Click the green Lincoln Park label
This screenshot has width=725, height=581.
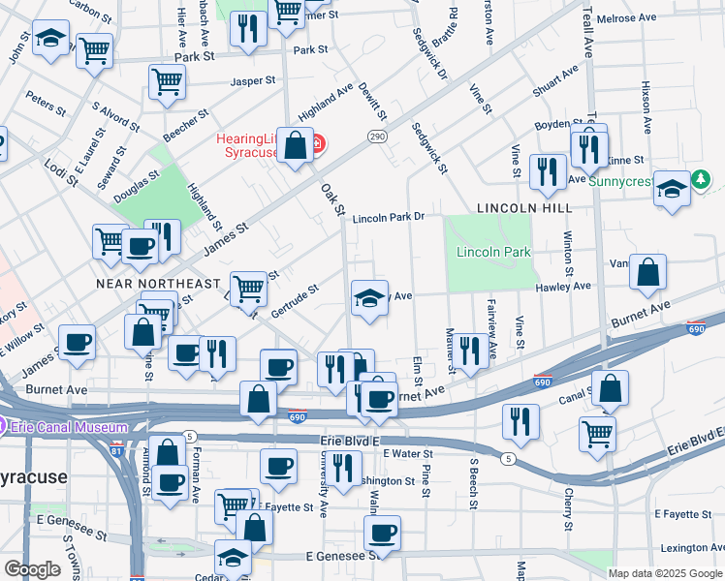tap(493, 253)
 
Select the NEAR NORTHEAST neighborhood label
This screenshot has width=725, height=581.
tap(158, 284)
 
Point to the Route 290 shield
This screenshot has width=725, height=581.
tap(377, 138)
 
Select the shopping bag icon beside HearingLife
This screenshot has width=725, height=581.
tap(294, 145)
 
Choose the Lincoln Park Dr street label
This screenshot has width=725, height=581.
tap(389, 219)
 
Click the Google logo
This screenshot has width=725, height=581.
tap(32, 569)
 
